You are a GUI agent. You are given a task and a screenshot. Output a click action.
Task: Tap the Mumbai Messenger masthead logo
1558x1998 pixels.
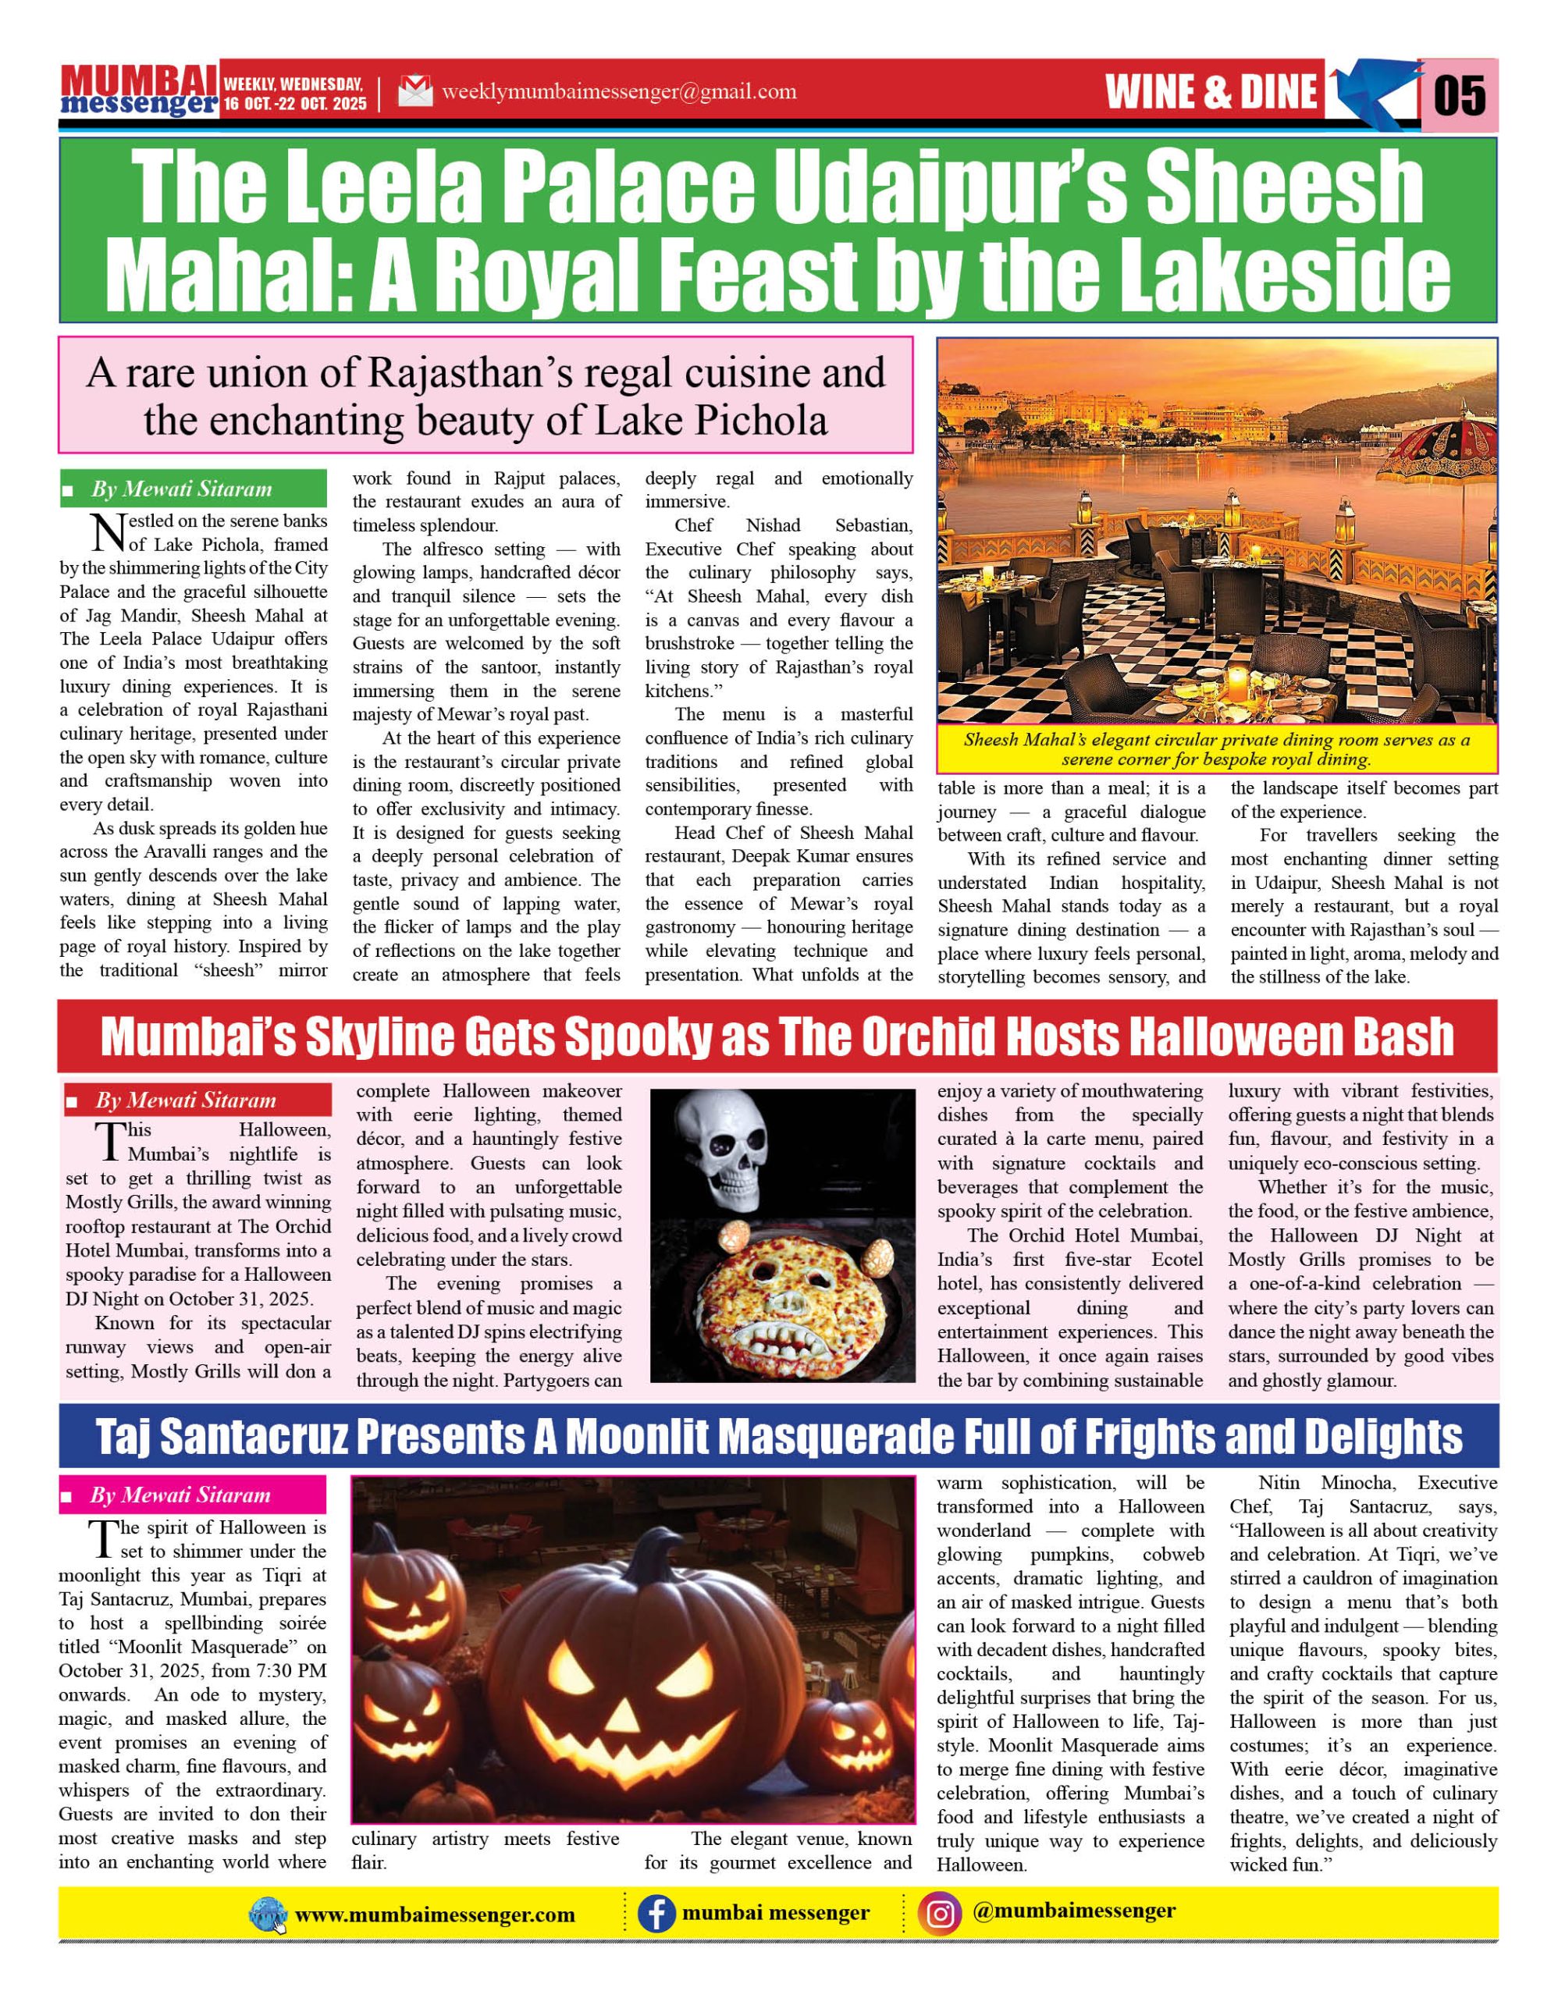pyautogui.click(x=139, y=91)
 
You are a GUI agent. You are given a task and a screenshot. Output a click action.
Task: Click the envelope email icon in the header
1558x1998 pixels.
pyautogui.click(x=415, y=91)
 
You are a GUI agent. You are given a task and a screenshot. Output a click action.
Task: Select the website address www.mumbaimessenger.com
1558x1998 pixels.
pyautogui.click(x=435, y=1914)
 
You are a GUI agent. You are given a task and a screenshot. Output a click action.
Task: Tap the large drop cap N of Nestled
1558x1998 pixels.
pyautogui.click(x=108, y=532)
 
